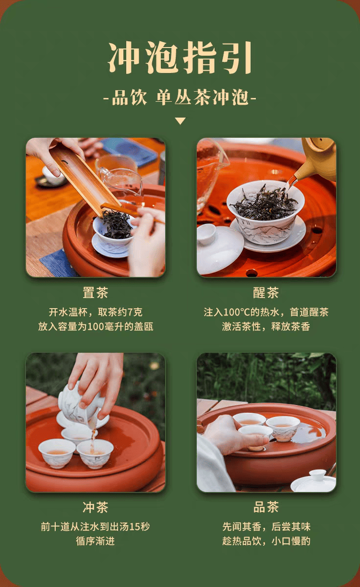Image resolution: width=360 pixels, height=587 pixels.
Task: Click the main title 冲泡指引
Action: pos(180,57)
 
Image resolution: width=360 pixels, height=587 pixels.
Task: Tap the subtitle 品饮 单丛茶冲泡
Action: pos(180,97)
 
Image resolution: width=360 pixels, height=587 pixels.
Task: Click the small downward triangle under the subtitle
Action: pos(180,121)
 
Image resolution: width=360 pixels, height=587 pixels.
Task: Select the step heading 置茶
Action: pos(95,293)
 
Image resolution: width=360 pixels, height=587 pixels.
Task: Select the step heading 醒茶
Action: pos(266,293)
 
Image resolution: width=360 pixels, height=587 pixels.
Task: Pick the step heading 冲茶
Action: pos(95,507)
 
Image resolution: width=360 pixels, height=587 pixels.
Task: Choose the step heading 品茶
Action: pos(266,507)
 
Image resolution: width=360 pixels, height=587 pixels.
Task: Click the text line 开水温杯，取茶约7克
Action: pos(96,312)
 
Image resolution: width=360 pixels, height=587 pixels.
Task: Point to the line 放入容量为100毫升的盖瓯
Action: pos(96,327)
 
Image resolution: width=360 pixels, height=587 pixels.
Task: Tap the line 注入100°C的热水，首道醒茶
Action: pos(266,312)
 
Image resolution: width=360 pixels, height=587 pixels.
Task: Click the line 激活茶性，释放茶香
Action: pos(266,327)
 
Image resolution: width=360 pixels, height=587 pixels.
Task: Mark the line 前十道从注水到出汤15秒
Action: pos(95,527)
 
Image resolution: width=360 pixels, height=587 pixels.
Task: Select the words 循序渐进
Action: pos(95,541)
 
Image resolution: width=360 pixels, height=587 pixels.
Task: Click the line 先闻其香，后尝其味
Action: pos(266,527)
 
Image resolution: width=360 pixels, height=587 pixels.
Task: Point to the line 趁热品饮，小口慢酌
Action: pos(266,541)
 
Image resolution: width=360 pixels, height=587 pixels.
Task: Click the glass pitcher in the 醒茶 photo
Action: pos(210,173)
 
